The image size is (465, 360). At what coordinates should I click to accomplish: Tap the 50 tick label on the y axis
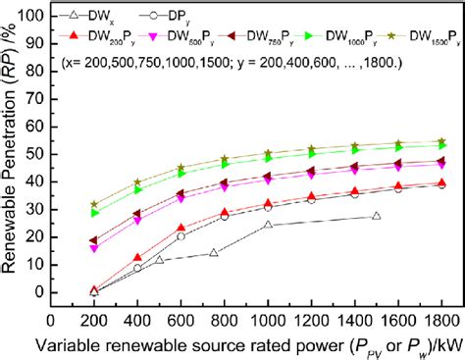[34, 154]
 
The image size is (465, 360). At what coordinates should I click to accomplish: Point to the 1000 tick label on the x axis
[268, 319]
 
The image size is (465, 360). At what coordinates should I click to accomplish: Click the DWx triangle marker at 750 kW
[214, 253]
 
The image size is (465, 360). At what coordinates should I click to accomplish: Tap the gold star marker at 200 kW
[95, 205]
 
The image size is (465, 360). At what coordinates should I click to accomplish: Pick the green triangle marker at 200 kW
[95, 213]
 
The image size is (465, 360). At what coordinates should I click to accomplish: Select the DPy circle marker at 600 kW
[181, 236]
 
